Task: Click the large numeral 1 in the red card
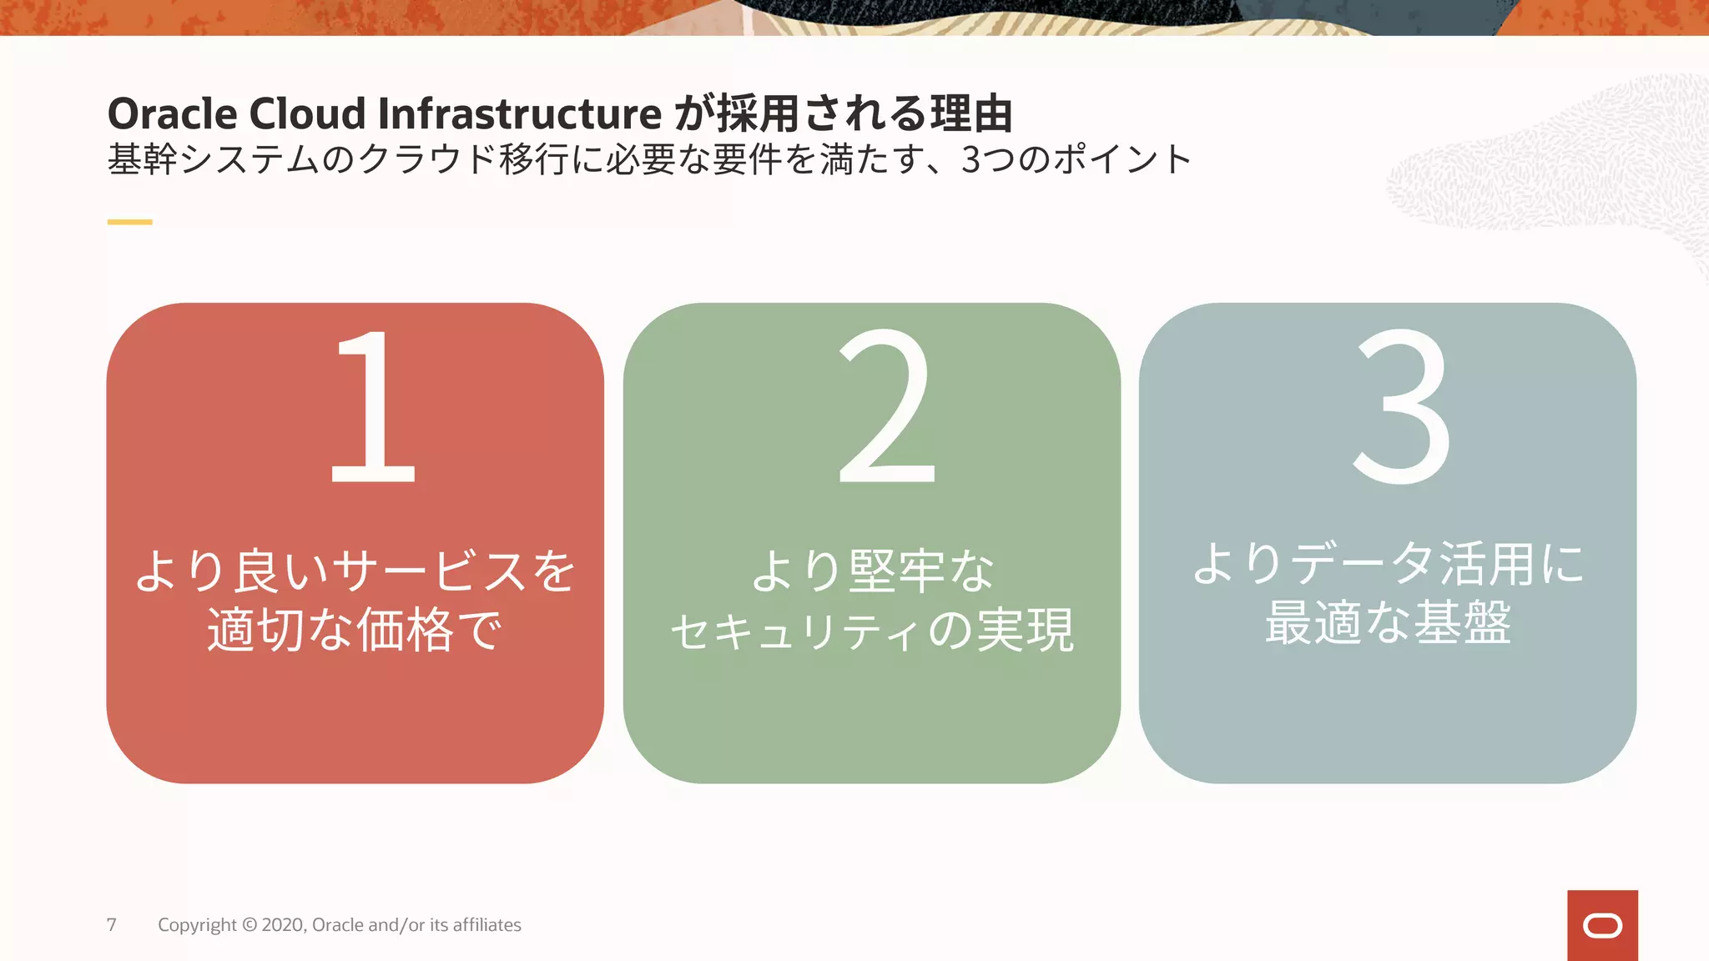pos(373,406)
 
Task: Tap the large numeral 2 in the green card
pos(886,406)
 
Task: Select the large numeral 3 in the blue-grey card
pos(1402,406)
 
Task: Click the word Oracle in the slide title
pos(172,113)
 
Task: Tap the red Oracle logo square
pos(1602,925)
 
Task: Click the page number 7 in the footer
pos(112,924)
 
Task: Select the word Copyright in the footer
pos(197,925)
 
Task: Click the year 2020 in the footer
pos(284,925)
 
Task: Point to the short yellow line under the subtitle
pos(129,222)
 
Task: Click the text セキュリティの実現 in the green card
pos(872,631)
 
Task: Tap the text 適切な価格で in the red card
pos(355,630)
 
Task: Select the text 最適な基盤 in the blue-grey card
pos(1388,622)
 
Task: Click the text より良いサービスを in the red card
pos(355,571)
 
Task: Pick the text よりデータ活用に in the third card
pos(1388,564)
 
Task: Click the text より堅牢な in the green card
pos(872,571)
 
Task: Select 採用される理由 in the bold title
pos(864,113)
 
